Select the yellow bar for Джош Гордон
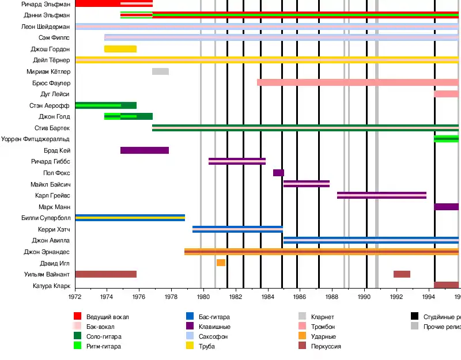pyautogui.click(x=120, y=49)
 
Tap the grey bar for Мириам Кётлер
pyautogui.click(x=160, y=71)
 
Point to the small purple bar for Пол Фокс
pyautogui.click(x=278, y=173)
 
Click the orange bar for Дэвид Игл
pyautogui.click(x=221, y=263)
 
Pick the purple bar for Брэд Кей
pyautogui.click(x=145, y=150)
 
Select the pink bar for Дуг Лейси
pyautogui.click(x=446, y=94)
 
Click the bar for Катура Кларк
pyautogui.click(x=446, y=285)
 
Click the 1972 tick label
pyautogui.click(x=75, y=297)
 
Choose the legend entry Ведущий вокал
pyautogui.click(x=108, y=316)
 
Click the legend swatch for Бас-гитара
pyautogui.click(x=190, y=316)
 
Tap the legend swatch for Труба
pyautogui.click(x=190, y=346)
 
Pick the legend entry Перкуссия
pyautogui.click(x=326, y=346)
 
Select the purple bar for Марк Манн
pyautogui.click(x=446, y=207)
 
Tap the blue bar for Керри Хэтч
pyautogui.click(x=237, y=229)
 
